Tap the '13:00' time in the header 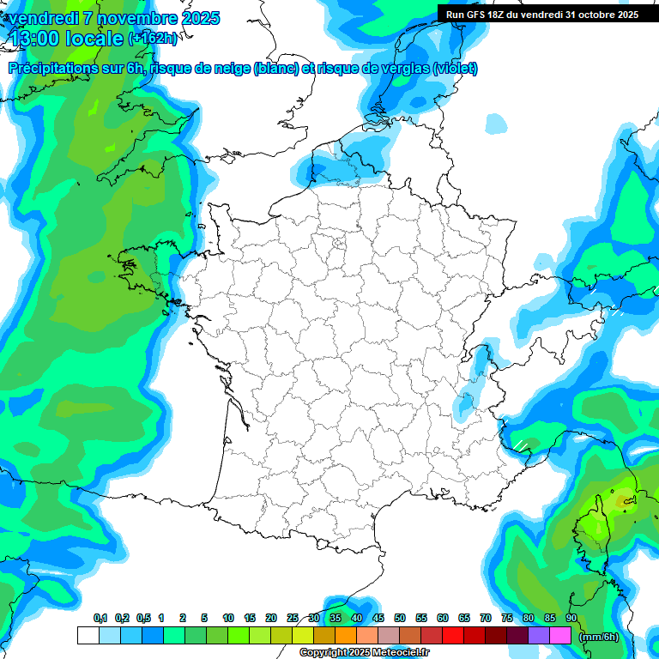point(35,38)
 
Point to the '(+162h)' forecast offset point(153,39)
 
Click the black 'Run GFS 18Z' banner point(541,15)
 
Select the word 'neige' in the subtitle point(232,69)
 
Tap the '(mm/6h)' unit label point(598,636)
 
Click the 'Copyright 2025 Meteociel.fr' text point(364,653)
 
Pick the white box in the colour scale point(88,636)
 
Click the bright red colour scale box point(453,636)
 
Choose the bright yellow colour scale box point(303,636)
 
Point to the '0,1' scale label point(100,619)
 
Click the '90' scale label point(571,619)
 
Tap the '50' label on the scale point(400,619)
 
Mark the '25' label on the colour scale point(293,619)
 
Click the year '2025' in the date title point(195,18)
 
